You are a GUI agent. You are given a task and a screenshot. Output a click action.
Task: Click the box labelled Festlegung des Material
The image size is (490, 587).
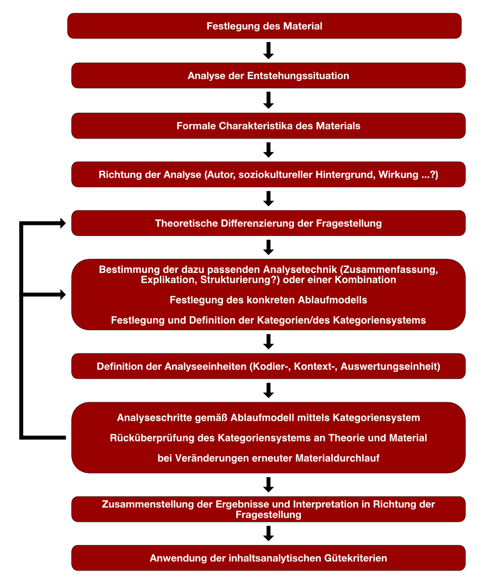(x=264, y=26)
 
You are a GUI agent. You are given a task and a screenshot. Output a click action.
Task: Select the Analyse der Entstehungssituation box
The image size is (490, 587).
(x=269, y=75)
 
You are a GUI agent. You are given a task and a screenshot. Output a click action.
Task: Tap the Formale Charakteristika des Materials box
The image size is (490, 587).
(x=269, y=126)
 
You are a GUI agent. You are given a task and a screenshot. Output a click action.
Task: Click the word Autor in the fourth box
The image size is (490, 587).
(x=221, y=174)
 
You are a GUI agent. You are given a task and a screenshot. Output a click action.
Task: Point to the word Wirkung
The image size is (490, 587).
(x=398, y=174)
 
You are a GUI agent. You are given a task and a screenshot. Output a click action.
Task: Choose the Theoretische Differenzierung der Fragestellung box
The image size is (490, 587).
(x=269, y=223)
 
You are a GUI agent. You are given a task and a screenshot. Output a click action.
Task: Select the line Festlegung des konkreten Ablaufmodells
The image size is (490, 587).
(x=269, y=300)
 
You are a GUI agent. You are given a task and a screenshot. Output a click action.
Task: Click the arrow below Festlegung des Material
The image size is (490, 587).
(x=269, y=51)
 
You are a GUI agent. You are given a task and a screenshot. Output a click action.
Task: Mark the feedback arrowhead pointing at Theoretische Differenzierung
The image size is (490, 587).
(x=63, y=223)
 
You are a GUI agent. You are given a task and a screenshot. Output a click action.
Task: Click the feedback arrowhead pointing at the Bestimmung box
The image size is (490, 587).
(x=63, y=295)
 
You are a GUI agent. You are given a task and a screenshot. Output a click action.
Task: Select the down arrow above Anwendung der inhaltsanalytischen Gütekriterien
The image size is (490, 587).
(x=269, y=533)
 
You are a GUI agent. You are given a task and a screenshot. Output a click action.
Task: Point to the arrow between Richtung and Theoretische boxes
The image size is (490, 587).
(x=269, y=199)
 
